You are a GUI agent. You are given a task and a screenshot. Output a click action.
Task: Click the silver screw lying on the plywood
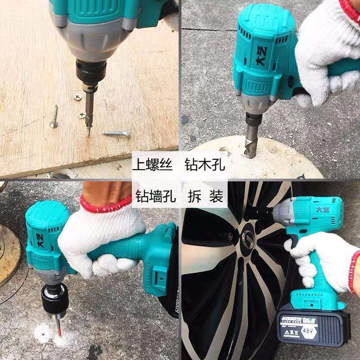tap(116, 133)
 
